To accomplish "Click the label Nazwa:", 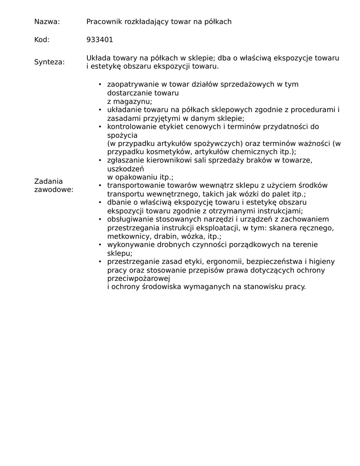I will [47, 21].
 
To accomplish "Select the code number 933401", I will [100, 40].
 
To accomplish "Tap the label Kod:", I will [42, 40].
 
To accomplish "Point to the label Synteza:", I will [50, 62].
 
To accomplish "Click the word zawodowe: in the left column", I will [54, 189].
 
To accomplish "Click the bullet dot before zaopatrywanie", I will [100, 85].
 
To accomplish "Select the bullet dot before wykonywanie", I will [100, 245].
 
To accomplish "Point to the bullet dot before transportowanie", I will [100, 186].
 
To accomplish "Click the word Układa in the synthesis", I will [98, 58].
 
